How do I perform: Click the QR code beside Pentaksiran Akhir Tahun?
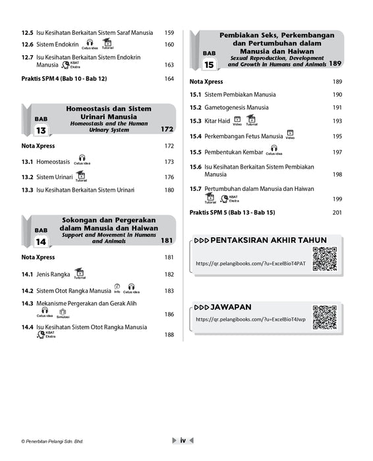[x=324, y=259]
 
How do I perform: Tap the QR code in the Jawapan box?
[x=324, y=317]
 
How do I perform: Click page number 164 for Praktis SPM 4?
[x=169, y=79]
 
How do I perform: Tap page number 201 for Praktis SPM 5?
[x=337, y=213]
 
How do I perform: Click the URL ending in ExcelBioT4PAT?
[x=250, y=263]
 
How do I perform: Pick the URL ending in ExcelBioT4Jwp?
[x=250, y=319]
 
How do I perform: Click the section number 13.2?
[x=27, y=177]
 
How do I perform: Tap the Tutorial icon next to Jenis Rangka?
[x=79, y=272]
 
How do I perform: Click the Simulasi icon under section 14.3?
[x=63, y=313]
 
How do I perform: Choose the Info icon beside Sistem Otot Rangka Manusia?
[x=117, y=287]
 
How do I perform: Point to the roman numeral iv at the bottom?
[x=183, y=440]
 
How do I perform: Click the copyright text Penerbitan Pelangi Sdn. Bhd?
[x=55, y=441]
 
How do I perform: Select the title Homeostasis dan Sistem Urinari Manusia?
[x=108, y=113]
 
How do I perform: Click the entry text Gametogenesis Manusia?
[x=236, y=107]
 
